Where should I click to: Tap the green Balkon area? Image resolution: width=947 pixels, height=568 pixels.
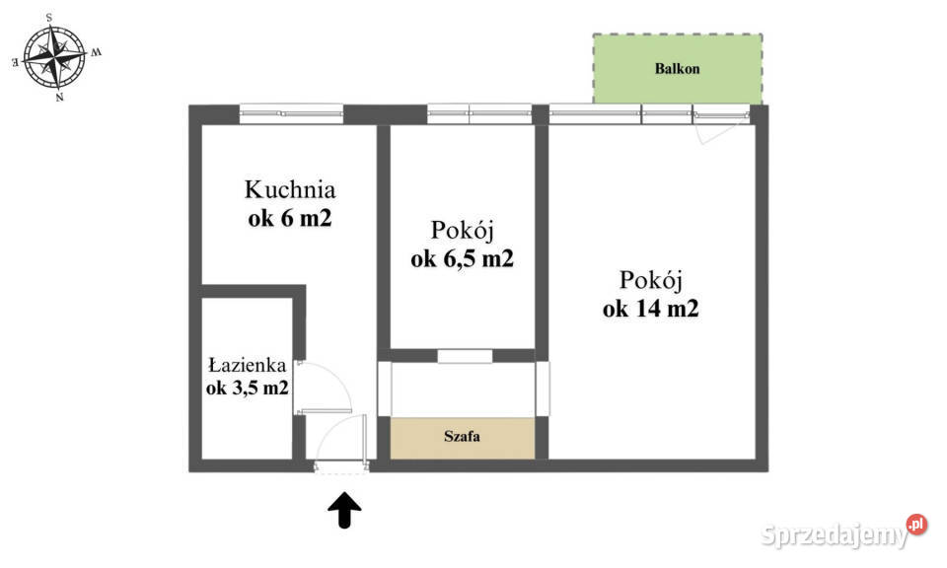tap(677, 69)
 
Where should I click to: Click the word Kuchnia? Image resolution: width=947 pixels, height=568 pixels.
tap(290, 188)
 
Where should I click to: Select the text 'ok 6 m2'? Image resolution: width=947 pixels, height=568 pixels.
tap(290, 219)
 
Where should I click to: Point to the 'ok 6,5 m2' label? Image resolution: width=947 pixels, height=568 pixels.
tap(463, 259)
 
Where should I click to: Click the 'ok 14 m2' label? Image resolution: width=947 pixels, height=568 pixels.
tap(651, 309)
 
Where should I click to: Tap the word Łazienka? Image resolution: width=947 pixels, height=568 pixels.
tap(247, 365)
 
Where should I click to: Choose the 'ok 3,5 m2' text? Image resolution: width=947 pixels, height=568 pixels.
tap(247, 388)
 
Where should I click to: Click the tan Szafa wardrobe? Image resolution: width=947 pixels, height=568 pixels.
tap(463, 438)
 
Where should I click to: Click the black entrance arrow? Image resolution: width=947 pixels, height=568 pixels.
tap(344, 510)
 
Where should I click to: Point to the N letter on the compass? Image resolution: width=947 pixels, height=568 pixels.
tap(59, 98)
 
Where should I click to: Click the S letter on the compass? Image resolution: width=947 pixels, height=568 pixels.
tap(49, 17)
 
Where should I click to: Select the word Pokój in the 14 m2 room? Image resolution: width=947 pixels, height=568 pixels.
tap(651, 279)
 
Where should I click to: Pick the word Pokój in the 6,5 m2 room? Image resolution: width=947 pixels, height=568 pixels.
tap(463, 230)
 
